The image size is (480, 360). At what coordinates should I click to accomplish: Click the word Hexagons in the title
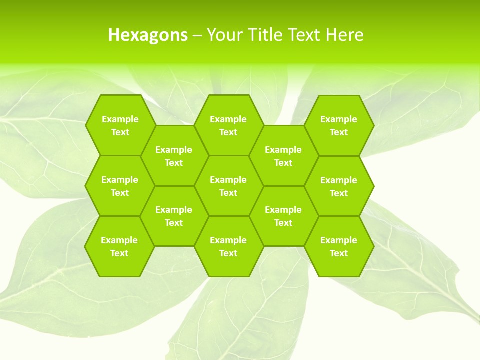point(148,35)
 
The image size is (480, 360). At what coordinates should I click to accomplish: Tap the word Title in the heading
point(265,35)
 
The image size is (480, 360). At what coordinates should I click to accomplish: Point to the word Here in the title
point(344,35)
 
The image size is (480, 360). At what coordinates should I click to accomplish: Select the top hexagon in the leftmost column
point(120,125)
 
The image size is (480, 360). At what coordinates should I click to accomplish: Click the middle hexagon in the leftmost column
point(120,186)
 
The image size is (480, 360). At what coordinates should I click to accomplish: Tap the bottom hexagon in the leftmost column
point(119,246)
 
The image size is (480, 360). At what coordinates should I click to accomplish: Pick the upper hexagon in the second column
point(174,156)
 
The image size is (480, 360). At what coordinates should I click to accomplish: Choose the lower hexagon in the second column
point(174,216)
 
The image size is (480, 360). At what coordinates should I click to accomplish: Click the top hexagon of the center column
point(228,125)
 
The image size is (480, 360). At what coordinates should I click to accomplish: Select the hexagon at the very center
point(228,186)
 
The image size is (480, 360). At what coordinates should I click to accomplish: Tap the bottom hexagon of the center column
point(228,246)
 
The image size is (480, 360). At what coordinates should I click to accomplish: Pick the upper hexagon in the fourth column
point(283,156)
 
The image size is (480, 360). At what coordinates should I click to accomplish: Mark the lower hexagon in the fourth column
point(283,216)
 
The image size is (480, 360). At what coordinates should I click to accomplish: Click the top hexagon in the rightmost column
point(339,125)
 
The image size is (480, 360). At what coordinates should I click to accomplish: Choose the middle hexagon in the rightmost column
point(339,186)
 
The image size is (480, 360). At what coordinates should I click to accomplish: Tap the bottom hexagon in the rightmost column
point(339,246)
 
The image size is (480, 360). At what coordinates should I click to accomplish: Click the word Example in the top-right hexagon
point(339,119)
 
